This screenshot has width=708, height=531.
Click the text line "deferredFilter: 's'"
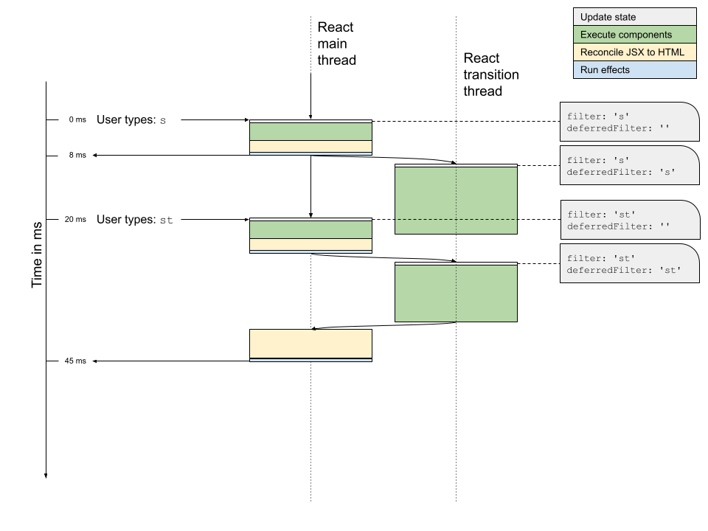622,172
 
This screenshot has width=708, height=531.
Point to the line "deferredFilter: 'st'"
624,271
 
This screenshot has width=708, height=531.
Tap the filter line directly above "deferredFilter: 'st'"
600,258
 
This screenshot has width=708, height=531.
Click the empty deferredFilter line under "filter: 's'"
618,128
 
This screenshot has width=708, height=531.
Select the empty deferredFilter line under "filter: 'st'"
618,226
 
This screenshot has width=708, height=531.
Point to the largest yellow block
310,344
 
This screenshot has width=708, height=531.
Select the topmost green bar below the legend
310,131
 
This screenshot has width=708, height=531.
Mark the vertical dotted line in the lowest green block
456,294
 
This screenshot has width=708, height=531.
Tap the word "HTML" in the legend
670,52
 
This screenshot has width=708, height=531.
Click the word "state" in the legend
623,17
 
